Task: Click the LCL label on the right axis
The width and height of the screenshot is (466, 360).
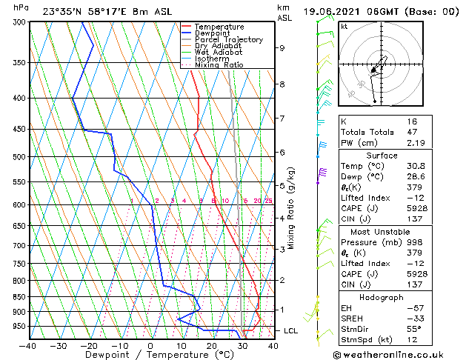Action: (x=291, y=330)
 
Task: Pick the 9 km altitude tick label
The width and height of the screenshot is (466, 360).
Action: (x=282, y=48)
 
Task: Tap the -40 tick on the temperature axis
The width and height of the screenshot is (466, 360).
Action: (x=28, y=345)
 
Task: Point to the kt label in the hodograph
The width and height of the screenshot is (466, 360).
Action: (x=344, y=26)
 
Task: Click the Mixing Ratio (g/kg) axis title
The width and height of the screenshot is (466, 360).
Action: (x=291, y=207)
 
